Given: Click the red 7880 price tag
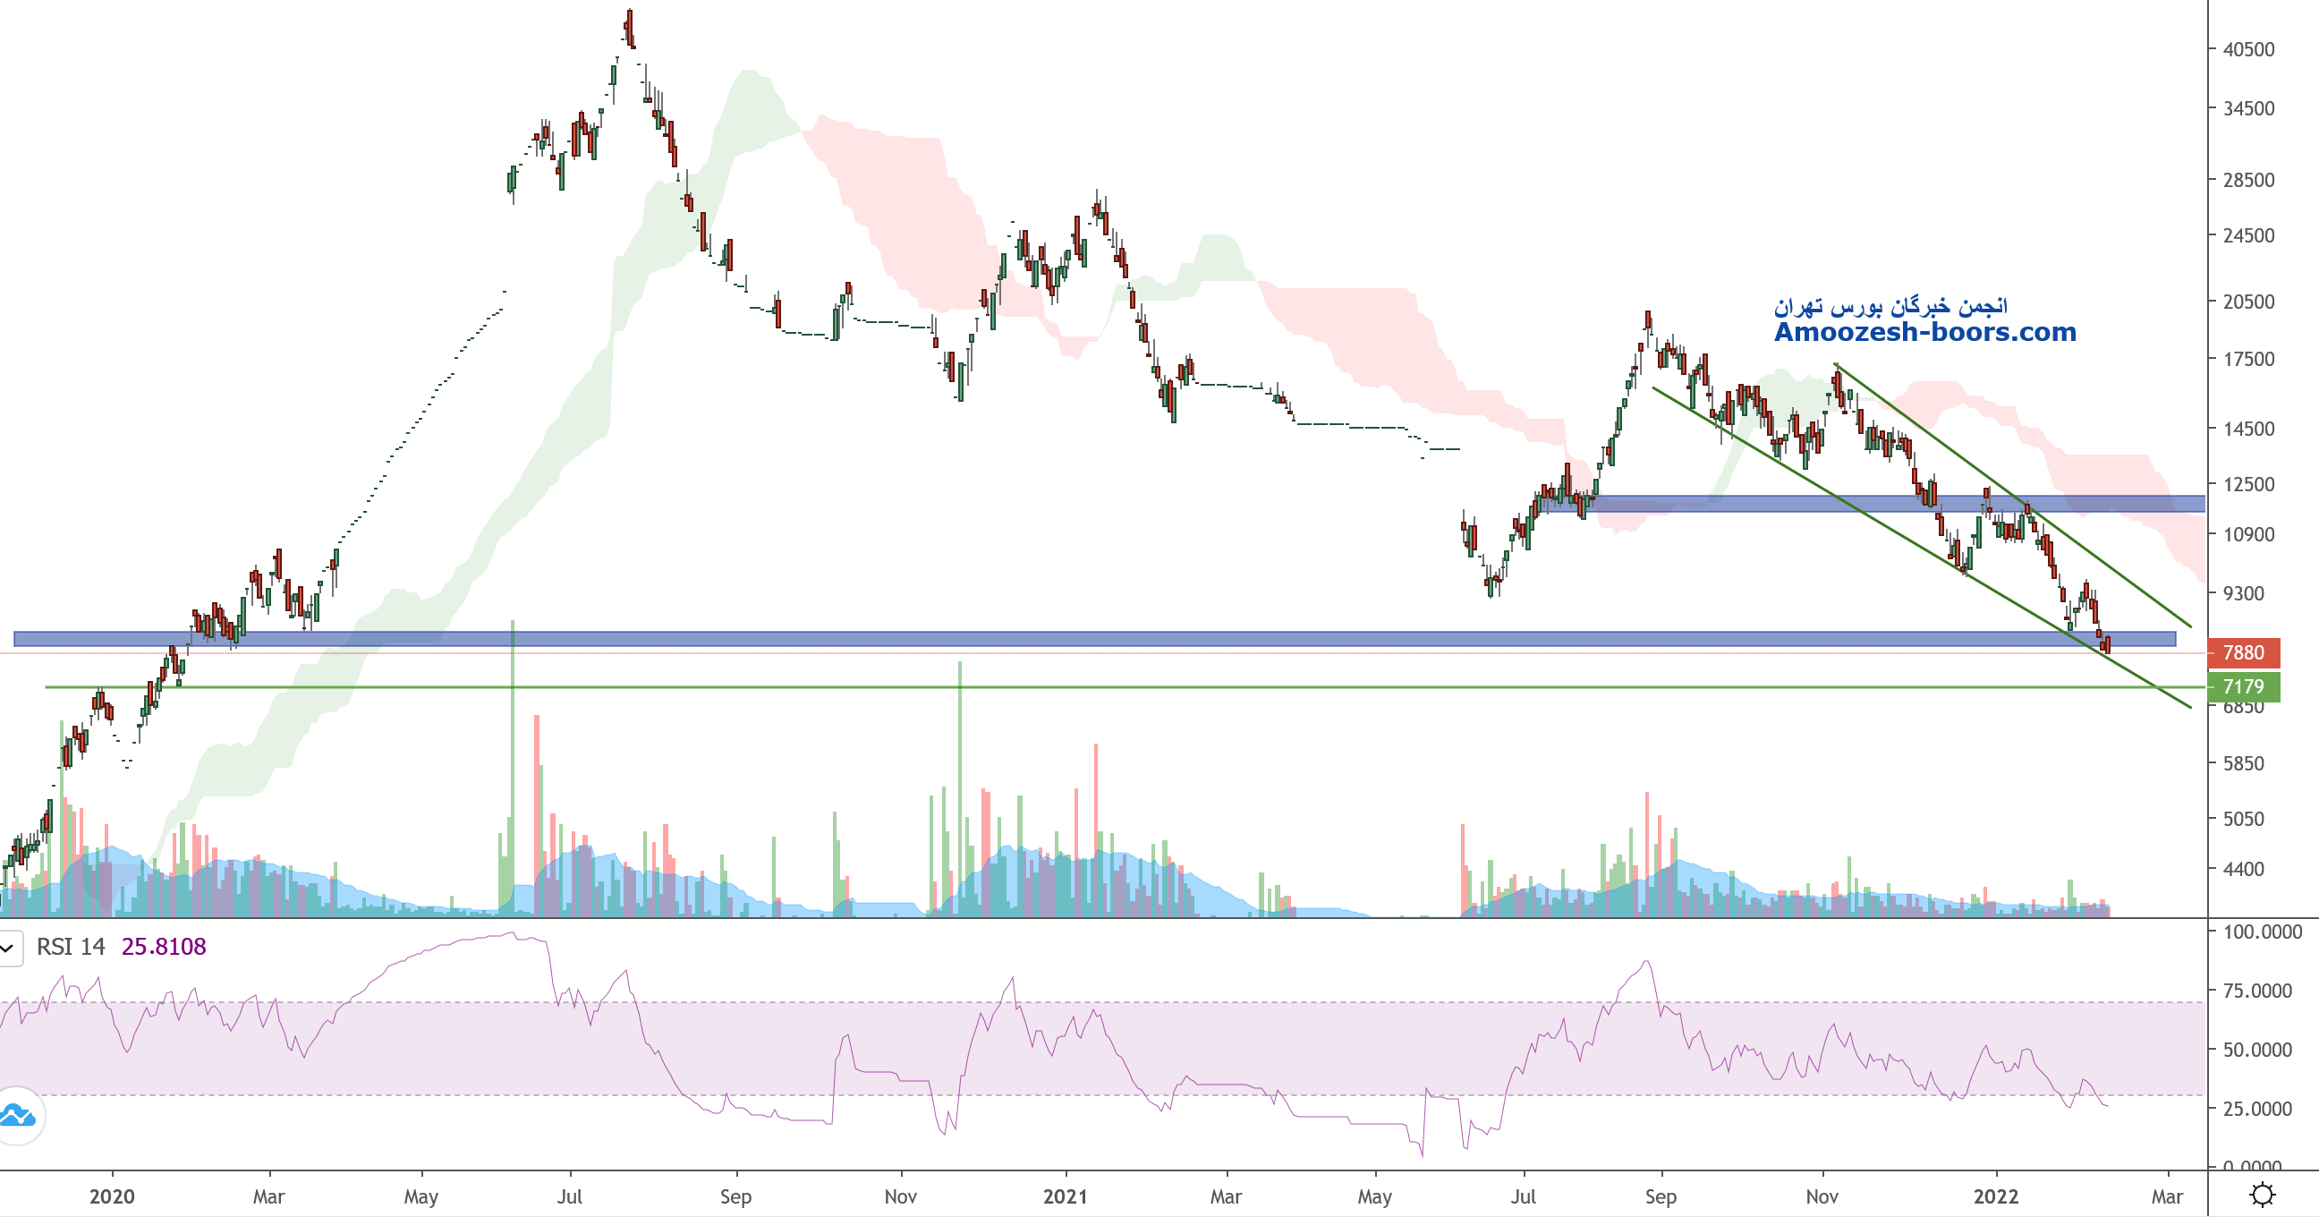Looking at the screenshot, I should coord(2242,652).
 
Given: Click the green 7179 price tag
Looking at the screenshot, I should coord(2242,687).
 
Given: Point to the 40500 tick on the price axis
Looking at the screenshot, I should coord(2248,49).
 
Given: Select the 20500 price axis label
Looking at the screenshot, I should coord(2248,302).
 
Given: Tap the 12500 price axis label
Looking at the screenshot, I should coord(2248,484).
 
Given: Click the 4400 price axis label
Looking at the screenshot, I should coord(2248,870).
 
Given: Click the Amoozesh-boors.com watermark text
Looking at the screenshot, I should coord(1924,332).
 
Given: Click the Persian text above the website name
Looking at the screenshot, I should coord(1890,307).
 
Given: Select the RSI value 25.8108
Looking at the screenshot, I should coord(164,947).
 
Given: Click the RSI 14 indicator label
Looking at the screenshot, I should coord(70,947).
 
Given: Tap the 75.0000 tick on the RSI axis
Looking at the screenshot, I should coord(2257,991).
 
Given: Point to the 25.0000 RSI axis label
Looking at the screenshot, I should coord(2257,1109).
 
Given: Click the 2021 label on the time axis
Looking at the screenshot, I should coord(1065,1196).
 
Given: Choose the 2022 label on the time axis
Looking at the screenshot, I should coord(1996,1196).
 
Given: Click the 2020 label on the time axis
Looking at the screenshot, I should coord(112,1196).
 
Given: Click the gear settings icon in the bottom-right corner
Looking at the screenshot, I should coord(2263,1195).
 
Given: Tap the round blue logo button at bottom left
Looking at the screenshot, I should coord(18,1116).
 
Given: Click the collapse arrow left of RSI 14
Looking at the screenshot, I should coord(8,948).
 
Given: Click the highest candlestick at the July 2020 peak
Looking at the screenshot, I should coord(629,27).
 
